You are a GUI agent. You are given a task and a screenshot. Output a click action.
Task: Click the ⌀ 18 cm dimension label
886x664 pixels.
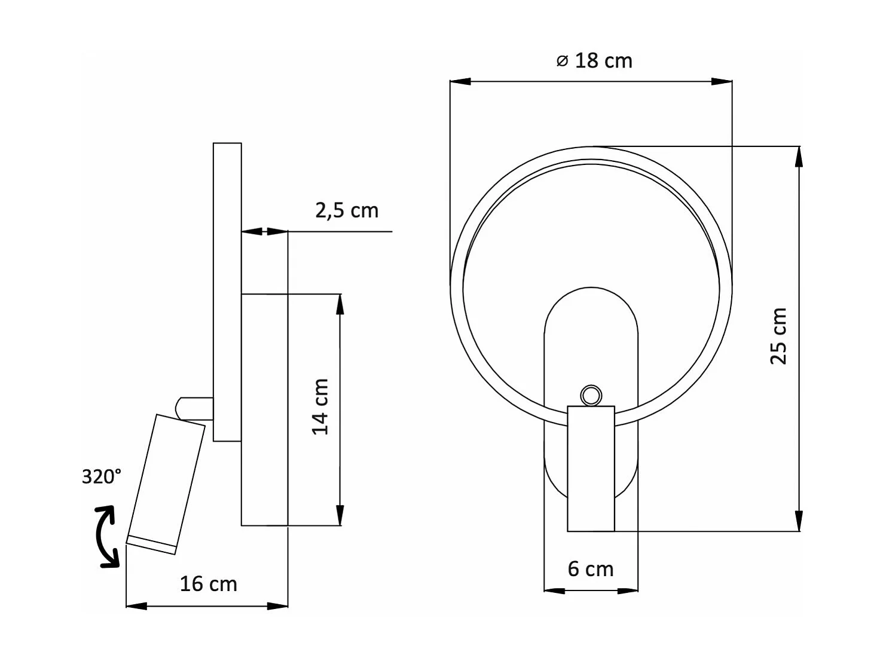pos(594,61)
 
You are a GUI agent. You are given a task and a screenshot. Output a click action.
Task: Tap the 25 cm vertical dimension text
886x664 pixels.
pos(778,336)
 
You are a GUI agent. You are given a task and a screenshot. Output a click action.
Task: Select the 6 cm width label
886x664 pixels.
pos(591,569)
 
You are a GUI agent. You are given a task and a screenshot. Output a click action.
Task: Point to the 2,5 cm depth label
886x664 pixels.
pos(347,210)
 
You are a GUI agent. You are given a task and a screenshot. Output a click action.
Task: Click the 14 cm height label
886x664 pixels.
pos(321,406)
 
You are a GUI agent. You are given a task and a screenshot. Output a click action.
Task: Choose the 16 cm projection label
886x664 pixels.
pos(208,584)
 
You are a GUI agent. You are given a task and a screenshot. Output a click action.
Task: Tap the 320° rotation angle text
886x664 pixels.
pos(102,476)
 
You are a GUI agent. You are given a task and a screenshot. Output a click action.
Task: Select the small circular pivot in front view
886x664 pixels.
pos(591,395)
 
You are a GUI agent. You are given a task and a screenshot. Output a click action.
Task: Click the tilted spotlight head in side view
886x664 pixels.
pos(166,484)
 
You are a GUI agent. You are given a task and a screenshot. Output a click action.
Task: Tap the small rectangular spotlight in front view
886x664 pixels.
pos(591,469)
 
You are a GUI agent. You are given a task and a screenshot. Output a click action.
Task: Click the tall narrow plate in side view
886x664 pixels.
pos(227,292)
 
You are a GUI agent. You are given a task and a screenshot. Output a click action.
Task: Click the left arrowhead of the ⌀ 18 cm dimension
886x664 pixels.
pos(460,81)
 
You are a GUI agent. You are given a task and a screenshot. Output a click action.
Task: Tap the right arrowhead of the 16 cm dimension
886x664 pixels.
pos(278,606)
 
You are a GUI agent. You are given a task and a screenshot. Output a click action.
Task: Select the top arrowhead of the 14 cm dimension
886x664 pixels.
pos(340,304)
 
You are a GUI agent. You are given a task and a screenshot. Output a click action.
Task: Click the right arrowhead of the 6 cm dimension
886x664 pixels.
pos(628,591)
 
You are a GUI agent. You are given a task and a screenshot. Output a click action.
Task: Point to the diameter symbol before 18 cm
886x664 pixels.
pos(562,61)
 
